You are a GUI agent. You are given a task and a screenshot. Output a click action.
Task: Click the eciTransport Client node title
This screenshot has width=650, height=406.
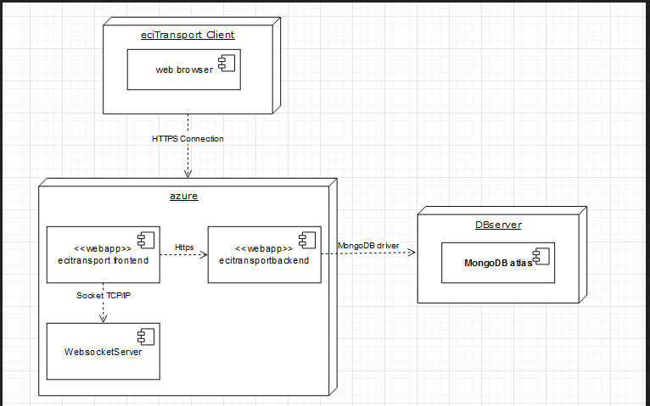click(188, 35)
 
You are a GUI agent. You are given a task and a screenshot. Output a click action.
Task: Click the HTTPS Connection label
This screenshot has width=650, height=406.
click(188, 138)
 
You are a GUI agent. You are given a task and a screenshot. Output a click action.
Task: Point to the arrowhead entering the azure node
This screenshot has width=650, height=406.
click(188, 173)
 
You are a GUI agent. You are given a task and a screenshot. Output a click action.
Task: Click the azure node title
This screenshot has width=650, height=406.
click(184, 196)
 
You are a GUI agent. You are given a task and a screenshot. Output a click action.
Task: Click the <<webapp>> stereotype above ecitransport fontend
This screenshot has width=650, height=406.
click(102, 248)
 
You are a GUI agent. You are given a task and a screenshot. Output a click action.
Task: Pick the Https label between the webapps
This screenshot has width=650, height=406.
click(184, 247)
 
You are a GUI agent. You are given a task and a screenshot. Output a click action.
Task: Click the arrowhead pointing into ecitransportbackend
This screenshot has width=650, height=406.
click(203, 253)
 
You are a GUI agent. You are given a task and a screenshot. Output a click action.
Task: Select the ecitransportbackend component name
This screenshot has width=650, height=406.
click(264, 260)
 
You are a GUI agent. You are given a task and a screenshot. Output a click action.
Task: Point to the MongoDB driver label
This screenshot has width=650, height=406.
click(368, 245)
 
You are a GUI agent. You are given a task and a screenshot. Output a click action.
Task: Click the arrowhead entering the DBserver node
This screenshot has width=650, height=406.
click(412, 252)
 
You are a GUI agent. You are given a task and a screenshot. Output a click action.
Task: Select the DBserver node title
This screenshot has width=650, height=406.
click(498, 225)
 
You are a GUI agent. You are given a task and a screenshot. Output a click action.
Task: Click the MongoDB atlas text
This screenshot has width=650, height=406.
click(496, 263)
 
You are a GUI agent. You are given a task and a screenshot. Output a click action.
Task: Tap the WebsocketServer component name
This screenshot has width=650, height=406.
click(103, 351)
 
